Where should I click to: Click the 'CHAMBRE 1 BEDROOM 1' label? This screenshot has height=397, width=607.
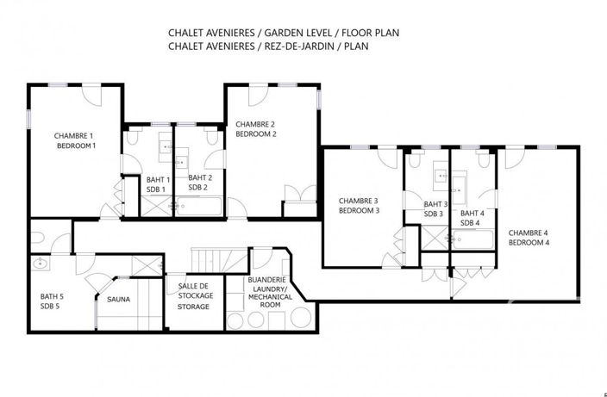(x=75, y=140)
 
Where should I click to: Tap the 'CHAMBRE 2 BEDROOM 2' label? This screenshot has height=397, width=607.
(x=256, y=128)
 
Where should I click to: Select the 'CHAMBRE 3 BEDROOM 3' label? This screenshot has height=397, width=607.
(x=359, y=205)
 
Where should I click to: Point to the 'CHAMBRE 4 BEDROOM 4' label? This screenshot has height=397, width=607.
(x=529, y=238)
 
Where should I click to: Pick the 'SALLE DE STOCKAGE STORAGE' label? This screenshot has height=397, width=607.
(x=193, y=296)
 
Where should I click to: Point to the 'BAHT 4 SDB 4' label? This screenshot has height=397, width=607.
(x=472, y=218)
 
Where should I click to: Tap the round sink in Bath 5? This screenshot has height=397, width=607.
(x=40, y=264)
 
